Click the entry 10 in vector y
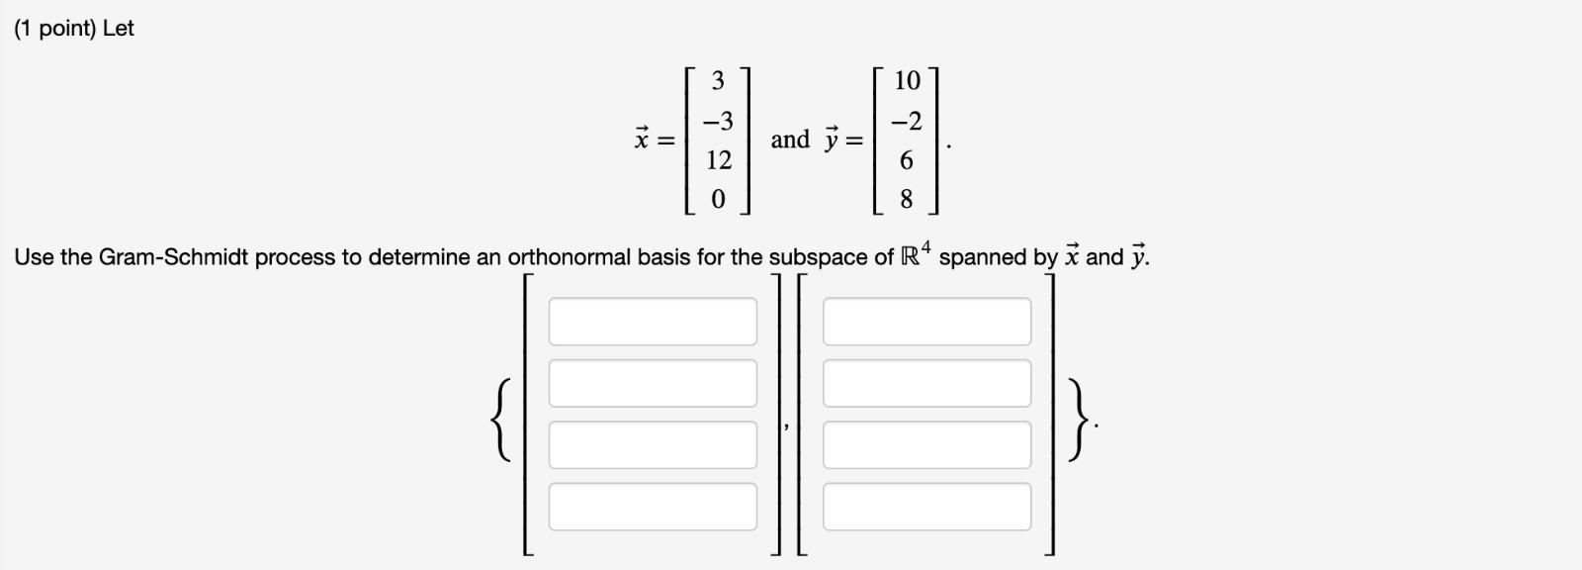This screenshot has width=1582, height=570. click(907, 80)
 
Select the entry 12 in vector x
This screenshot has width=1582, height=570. click(719, 160)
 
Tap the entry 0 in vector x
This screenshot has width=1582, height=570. click(719, 200)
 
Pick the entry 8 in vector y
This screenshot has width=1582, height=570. click(907, 200)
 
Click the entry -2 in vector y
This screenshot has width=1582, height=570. click(906, 122)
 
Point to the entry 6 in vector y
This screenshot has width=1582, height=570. click(907, 160)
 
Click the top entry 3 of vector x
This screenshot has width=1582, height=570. click(719, 80)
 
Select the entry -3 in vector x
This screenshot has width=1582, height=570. click(718, 122)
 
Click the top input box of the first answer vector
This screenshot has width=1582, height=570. click(653, 322)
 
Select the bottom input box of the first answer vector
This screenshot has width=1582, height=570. click(653, 507)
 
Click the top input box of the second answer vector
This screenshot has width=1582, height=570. click(926, 322)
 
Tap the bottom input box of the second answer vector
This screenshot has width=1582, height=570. click(926, 507)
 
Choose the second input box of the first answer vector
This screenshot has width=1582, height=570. click(653, 383)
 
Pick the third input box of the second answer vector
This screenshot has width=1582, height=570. click(926, 445)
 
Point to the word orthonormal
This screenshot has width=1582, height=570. click(569, 258)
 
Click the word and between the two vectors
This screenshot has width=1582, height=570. click(790, 140)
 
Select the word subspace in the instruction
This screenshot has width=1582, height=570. click(819, 258)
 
